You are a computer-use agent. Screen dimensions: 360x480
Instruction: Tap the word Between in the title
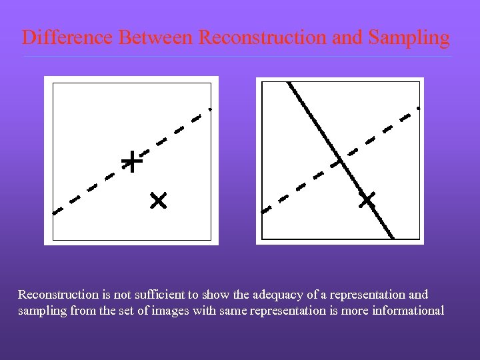157,37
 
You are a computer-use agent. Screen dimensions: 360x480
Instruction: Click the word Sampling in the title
407,37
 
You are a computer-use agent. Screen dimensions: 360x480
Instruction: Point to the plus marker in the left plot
133,161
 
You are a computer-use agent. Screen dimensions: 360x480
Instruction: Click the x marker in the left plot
158,200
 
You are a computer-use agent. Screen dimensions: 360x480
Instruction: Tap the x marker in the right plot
367,199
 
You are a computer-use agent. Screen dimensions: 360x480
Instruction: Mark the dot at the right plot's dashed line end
419,107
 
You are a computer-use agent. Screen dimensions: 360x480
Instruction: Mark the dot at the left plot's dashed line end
210,108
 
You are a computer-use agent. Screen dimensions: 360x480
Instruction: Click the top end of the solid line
288,83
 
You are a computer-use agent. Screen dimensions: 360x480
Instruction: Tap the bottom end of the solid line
393,237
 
